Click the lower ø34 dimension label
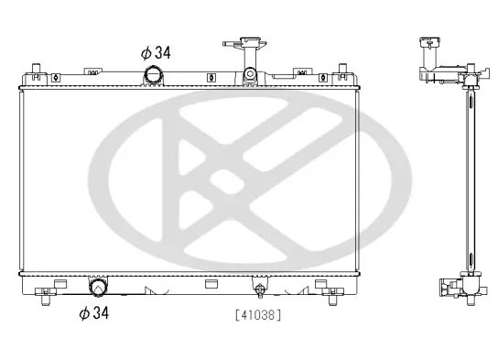point(94,314)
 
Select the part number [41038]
point(257,315)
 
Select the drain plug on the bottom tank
point(260,291)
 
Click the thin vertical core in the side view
point(469,183)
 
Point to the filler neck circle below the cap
point(248,75)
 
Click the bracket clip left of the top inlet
point(94,69)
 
